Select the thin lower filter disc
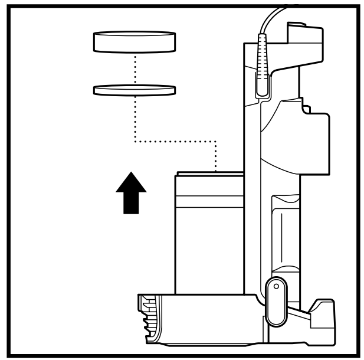tap(135, 90)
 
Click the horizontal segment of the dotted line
tap(177, 140)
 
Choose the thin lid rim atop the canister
tap(209, 174)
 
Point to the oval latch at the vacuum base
tap(275, 301)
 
